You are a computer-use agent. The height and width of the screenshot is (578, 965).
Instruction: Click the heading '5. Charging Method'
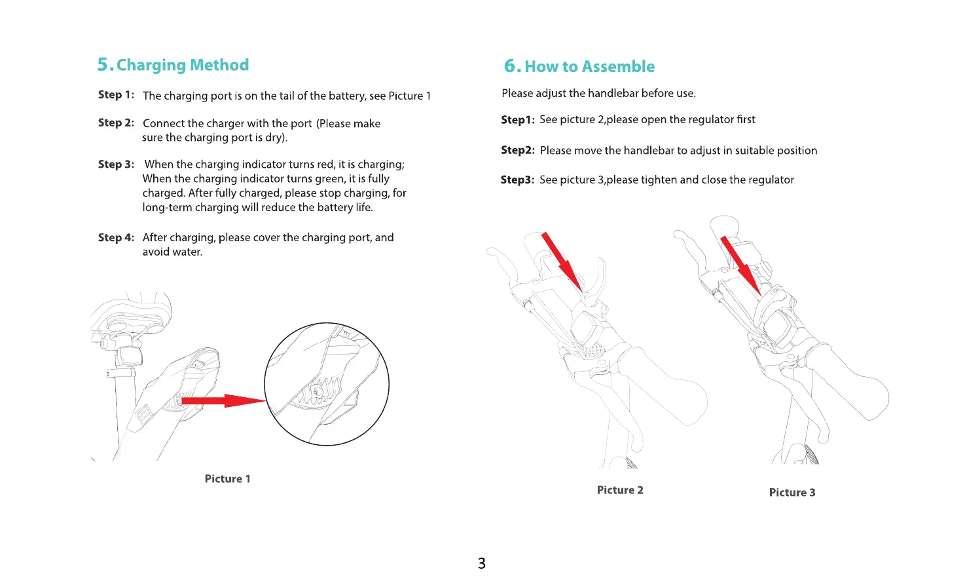[x=173, y=65]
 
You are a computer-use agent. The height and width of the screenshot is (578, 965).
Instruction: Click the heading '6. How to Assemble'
[x=579, y=66]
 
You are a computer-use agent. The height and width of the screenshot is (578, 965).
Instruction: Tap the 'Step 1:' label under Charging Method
[x=116, y=95]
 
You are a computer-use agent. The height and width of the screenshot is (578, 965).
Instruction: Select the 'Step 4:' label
[x=116, y=237]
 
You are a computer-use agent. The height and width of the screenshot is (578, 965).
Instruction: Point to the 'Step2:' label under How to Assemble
[x=517, y=150]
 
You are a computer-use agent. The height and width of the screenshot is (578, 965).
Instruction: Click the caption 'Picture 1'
[x=227, y=479]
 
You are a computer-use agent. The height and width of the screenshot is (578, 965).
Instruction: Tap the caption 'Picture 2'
[x=620, y=490]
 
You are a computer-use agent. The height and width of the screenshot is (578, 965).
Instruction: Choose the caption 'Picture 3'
[x=792, y=493]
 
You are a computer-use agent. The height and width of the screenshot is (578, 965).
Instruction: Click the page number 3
[x=482, y=563]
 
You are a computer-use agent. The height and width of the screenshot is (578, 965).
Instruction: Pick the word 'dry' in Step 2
[x=274, y=138]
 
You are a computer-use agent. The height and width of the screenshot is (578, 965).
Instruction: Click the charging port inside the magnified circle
[x=318, y=391]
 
